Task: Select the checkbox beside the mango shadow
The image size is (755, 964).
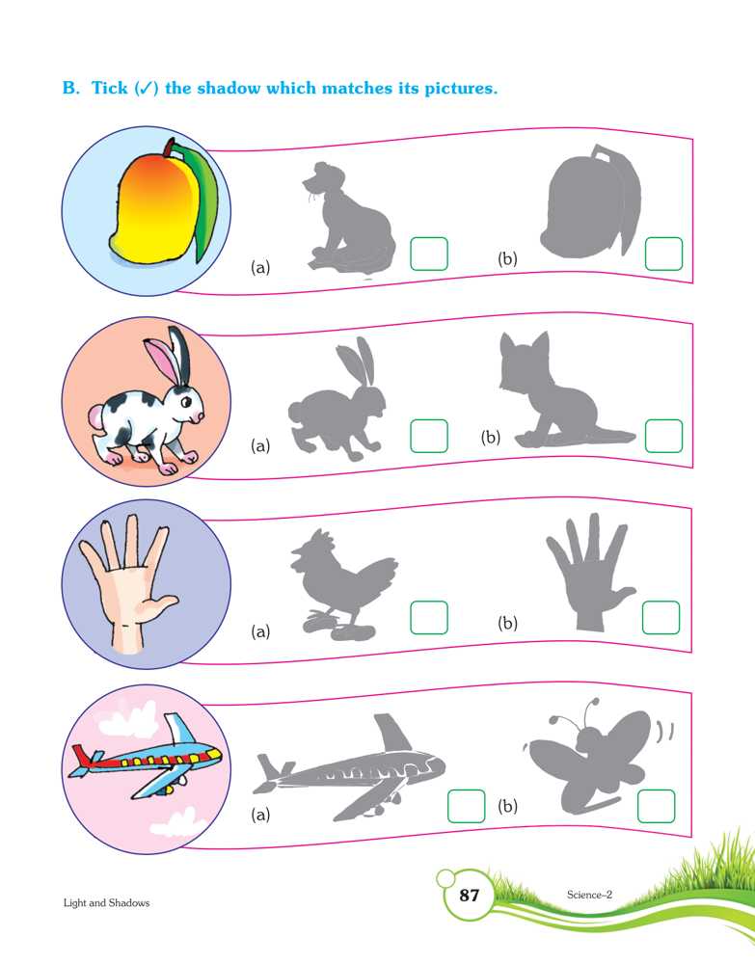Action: click(663, 254)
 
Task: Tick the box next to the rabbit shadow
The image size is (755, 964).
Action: click(428, 436)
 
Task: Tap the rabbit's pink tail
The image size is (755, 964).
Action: click(95, 418)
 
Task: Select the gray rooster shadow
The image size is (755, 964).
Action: click(343, 585)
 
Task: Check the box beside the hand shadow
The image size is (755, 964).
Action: click(661, 617)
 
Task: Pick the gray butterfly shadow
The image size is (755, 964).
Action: click(590, 756)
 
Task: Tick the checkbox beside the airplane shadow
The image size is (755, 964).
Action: click(466, 806)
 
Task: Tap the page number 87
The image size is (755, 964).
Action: click(470, 896)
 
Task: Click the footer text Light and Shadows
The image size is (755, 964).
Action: click(106, 902)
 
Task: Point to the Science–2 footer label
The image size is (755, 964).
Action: click(589, 895)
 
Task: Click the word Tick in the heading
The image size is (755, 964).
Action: click(109, 88)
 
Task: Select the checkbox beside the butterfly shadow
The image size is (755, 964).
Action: click(656, 806)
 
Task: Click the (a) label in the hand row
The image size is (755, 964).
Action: click(260, 631)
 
